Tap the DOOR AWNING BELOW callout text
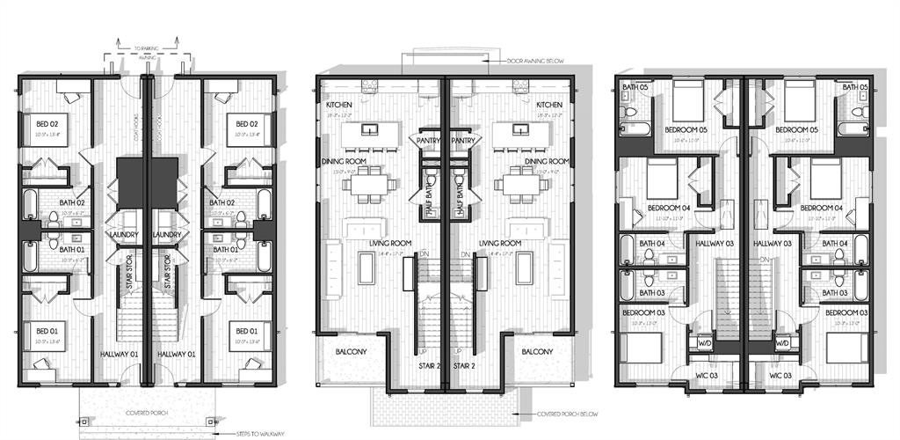click(x=535, y=62)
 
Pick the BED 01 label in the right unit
click(x=243, y=331)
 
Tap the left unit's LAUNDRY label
click(x=122, y=235)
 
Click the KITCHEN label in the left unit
click(x=338, y=105)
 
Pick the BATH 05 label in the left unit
click(x=635, y=87)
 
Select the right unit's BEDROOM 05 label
click(x=796, y=131)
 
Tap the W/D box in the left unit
click(x=705, y=342)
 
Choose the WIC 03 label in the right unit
click(x=781, y=376)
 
